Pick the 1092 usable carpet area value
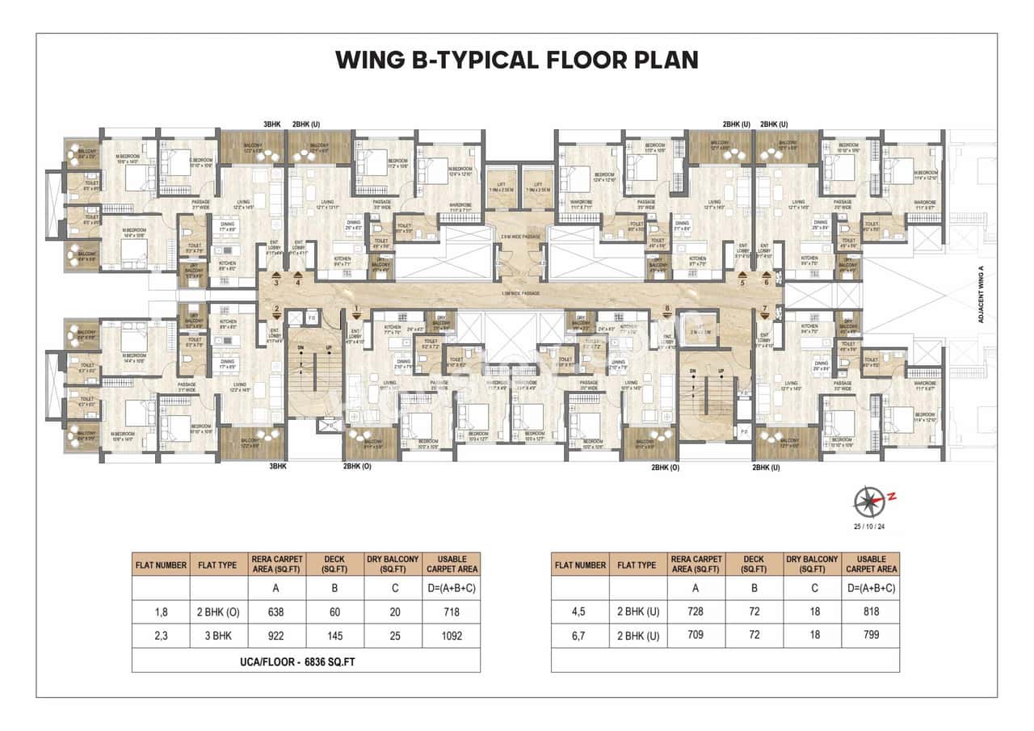(x=452, y=635)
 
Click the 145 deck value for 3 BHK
(x=335, y=635)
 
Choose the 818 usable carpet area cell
(x=871, y=611)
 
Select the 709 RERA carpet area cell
(x=696, y=635)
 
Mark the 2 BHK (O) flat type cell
(x=217, y=611)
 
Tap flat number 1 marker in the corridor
(x=356, y=309)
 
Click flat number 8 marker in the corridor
(x=667, y=309)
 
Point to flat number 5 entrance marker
(x=742, y=282)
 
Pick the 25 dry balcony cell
(x=393, y=635)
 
